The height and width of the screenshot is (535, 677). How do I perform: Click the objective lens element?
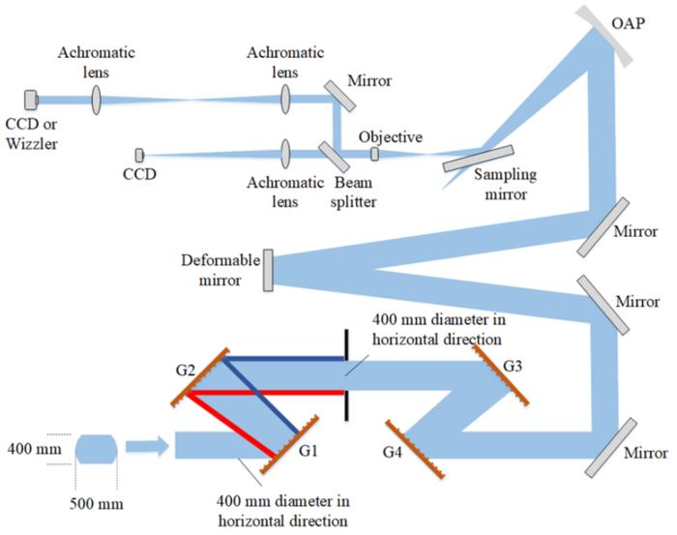375,155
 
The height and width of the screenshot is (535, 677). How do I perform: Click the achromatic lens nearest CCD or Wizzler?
97,99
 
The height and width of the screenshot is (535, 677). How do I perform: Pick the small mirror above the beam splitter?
338,95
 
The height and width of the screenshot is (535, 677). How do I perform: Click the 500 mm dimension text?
96,503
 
